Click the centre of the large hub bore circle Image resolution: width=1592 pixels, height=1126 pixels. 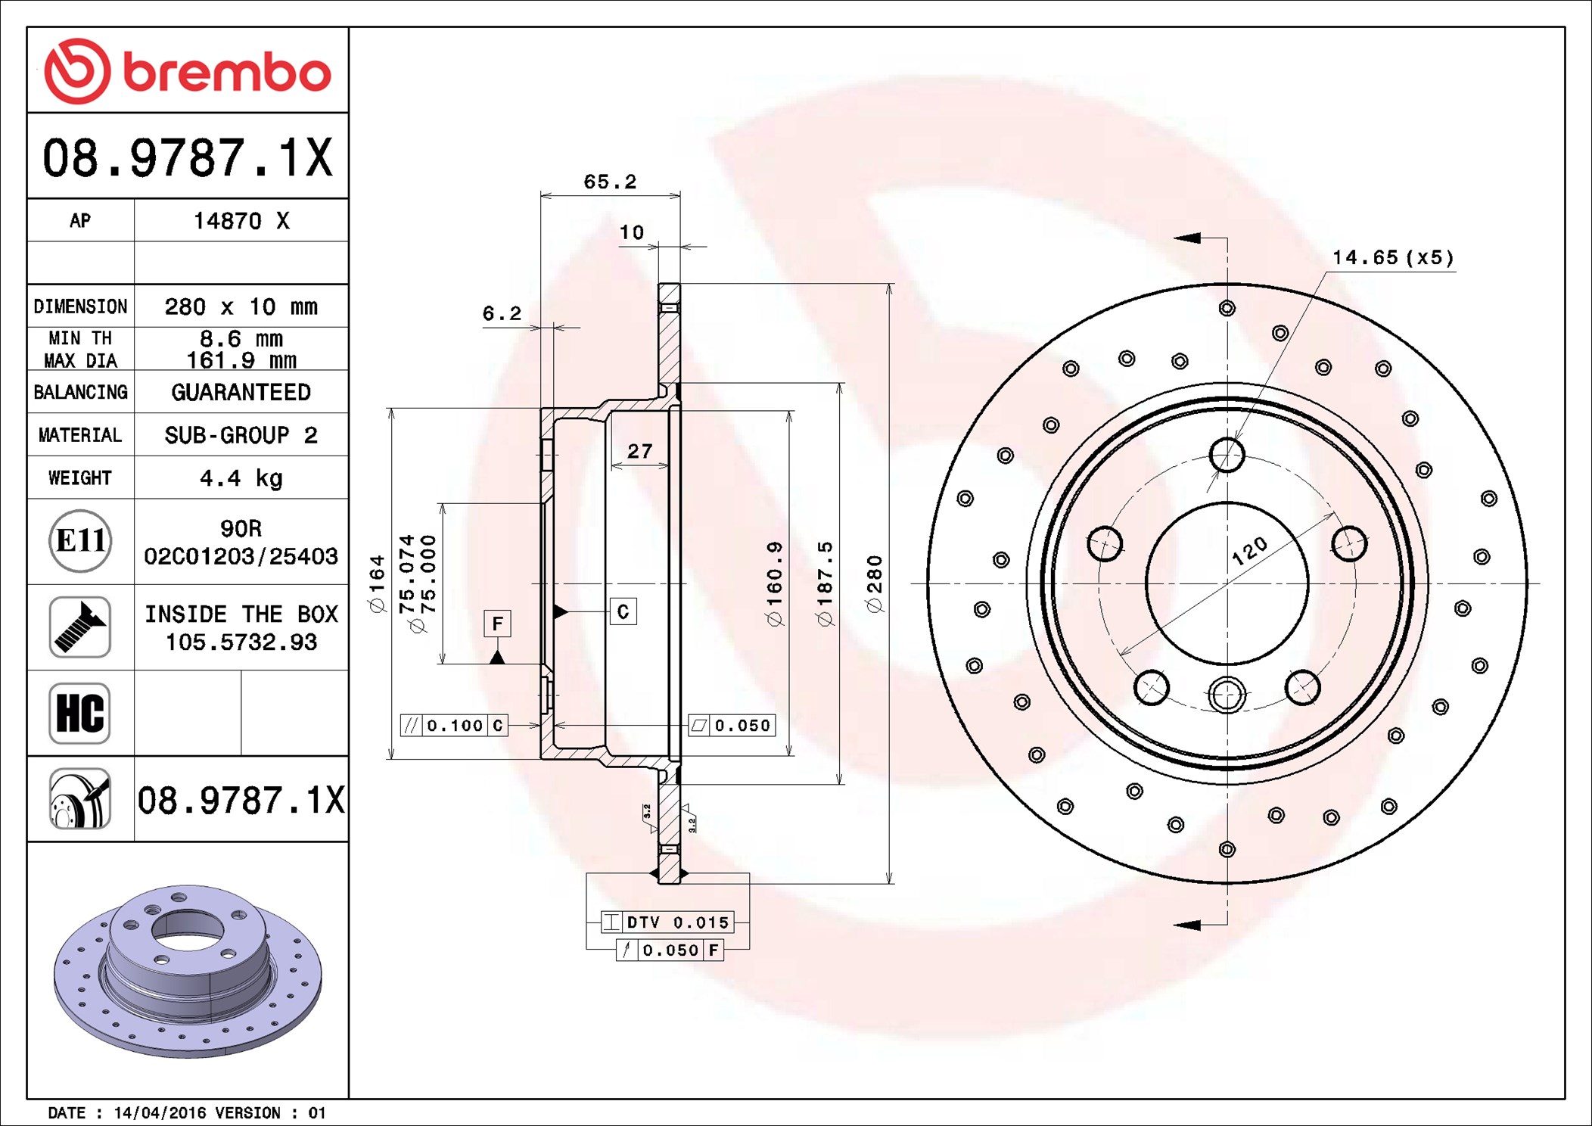point(1227,583)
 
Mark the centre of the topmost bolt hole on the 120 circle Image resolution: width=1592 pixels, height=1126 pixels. point(1227,455)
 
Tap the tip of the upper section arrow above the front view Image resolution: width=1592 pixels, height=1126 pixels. point(1174,238)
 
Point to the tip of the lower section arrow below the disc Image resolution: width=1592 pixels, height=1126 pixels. point(1174,925)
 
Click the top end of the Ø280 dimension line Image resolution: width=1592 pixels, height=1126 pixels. point(890,284)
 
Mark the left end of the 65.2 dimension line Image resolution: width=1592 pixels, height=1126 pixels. point(541,196)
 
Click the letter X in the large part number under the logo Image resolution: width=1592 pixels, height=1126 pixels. point(319,157)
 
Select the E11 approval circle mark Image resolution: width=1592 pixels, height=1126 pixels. point(80,540)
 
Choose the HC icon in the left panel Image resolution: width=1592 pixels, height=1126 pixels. point(80,713)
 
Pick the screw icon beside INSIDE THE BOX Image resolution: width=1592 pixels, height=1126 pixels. point(80,627)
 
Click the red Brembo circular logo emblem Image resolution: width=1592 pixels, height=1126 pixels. point(77,71)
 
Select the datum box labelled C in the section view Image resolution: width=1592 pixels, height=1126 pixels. point(623,611)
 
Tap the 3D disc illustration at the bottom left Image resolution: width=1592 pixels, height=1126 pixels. point(188,971)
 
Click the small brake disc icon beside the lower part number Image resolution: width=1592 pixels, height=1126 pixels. point(80,799)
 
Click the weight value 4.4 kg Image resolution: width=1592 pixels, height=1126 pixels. point(241,478)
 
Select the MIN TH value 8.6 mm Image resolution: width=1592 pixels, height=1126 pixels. point(241,338)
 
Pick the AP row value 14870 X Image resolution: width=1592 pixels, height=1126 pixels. point(241,220)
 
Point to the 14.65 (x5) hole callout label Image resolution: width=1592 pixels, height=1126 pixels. point(1393,257)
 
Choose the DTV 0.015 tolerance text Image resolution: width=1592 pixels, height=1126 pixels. point(678,922)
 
